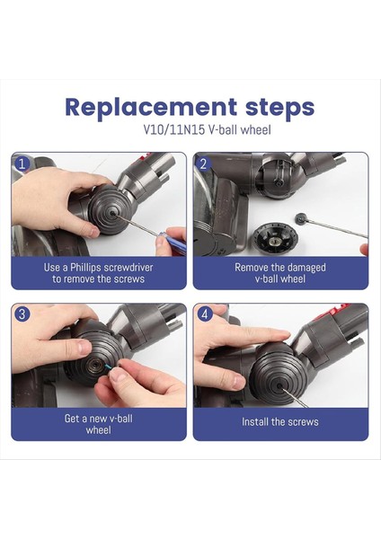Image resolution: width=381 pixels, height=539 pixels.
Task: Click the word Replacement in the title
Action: (x=151, y=108)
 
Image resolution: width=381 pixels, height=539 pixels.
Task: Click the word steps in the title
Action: (x=279, y=108)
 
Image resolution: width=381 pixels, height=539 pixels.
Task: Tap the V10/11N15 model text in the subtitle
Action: (x=174, y=130)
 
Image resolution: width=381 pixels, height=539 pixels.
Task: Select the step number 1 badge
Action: (x=22, y=163)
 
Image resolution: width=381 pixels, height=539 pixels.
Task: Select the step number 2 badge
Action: (x=204, y=163)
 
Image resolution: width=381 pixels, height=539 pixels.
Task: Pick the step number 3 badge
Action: (x=22, y=314)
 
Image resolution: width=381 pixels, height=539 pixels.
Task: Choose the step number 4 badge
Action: (x=205, y=314)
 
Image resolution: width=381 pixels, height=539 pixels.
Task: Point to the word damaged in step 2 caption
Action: (x=306, y=267)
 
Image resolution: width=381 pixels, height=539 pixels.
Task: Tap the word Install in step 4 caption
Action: (x=255, y=421)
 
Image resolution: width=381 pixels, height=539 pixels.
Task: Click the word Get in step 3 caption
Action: (x=71, y=419)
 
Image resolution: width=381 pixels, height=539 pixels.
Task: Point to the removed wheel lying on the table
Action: (x=275, y=239)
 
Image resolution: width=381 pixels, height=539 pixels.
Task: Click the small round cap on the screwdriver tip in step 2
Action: (x=301, y=218)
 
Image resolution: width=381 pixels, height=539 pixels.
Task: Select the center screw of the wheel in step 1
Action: (x=112, y=213)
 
